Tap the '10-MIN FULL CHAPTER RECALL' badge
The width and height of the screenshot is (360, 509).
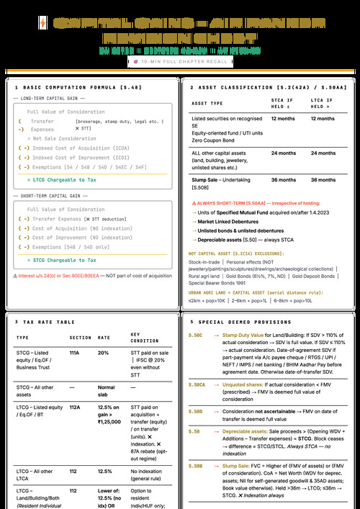(179, 63)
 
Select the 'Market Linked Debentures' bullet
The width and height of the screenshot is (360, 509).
(225, 221)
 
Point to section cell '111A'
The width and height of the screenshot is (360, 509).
(74, 354)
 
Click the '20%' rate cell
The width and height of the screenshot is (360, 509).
(104, 354)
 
